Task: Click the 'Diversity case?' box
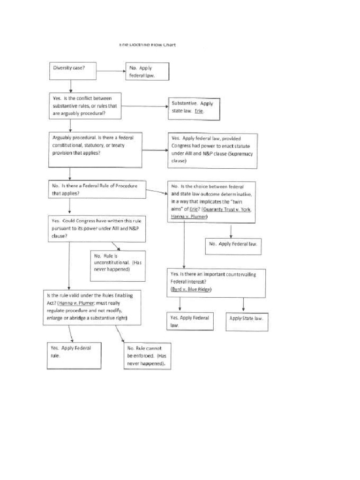click(x=70, y=71)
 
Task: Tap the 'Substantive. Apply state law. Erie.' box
click(x=194, y=108)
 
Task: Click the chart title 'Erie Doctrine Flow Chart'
click(x=147, y=45)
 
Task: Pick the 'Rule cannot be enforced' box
click(x=146, y=356)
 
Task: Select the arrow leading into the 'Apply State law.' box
click(x=243, y=305)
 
